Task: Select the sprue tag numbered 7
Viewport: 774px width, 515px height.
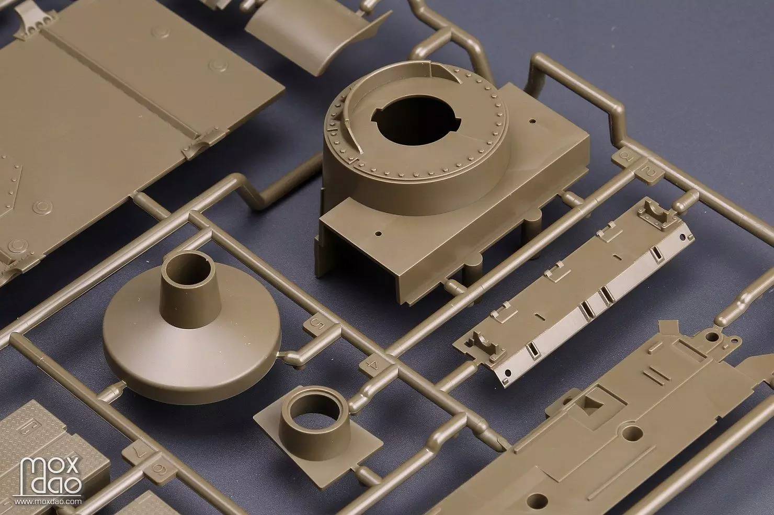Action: tap(139, 452)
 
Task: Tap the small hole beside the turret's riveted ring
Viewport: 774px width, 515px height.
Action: tap(532, 121)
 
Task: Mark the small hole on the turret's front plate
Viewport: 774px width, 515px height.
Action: tap(378, 234)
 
